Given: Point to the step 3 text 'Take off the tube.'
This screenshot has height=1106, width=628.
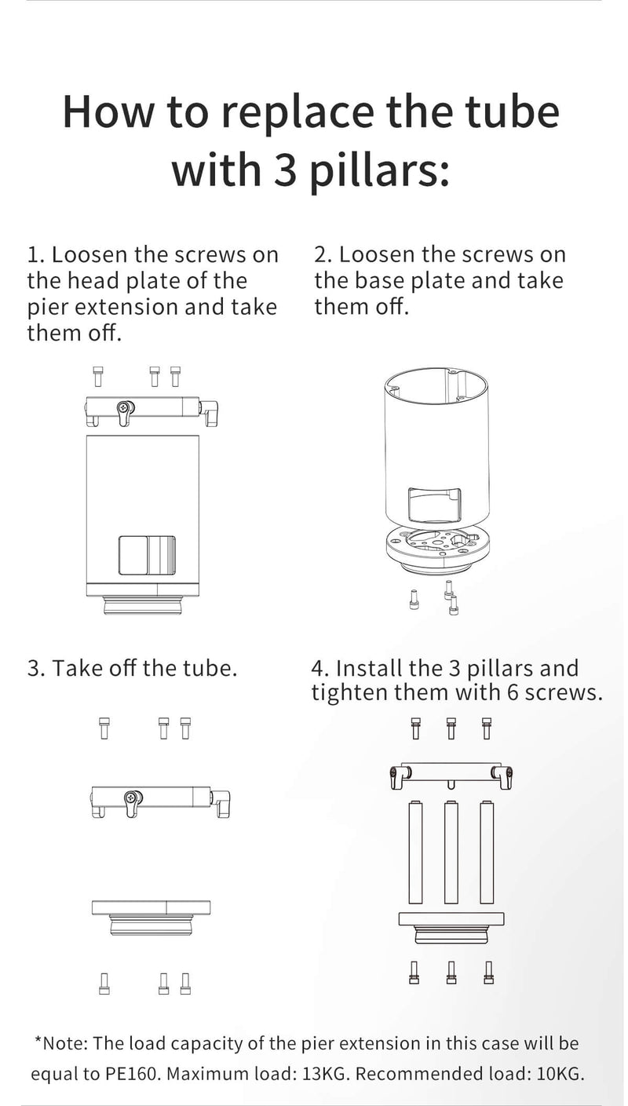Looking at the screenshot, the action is click(x=144, y=668).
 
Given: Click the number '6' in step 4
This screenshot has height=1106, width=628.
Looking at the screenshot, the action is click(x=513, y=692).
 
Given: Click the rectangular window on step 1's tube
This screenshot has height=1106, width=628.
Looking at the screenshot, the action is click(x=147, y=555).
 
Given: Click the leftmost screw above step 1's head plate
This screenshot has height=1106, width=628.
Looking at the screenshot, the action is click(x=98, y=376).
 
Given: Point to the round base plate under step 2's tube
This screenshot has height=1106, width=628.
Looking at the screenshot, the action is click(x=440, y=548).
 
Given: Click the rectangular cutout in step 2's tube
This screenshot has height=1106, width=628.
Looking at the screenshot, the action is click(x=434, y=505).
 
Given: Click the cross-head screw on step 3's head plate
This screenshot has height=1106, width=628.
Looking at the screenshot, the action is click(x=130, y=797).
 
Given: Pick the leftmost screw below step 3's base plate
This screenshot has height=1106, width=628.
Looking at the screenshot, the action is click(x=104, y=983).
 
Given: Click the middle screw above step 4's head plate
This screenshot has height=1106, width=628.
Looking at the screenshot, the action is click(x=451, y=728).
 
